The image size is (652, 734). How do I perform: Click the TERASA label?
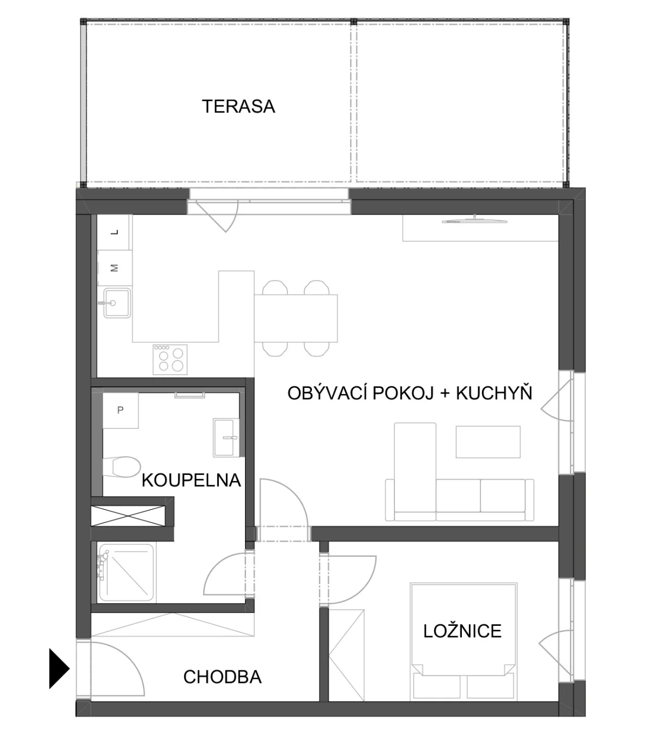pos(238,106)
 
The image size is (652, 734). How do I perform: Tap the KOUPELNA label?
pos(191,480)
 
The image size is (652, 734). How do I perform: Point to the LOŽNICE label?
pos(462,631)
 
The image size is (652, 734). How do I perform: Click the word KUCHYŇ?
pos(494,393)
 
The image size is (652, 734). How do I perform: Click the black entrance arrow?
pos(59,668)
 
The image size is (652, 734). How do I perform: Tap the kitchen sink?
pos(117,303)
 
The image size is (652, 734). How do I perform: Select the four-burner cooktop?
pos(170,359)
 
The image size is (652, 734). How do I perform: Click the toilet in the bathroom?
pos(121,467)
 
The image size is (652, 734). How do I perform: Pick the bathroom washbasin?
pos(226,437)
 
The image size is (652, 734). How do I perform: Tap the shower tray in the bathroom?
pos(126,573)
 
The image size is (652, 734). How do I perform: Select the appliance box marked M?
pos(115,268)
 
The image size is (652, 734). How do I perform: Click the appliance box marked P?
pos(120,410)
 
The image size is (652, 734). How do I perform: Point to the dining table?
pos(296,318)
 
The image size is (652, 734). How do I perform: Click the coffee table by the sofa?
pos(488,442)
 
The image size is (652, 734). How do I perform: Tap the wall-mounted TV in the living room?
pos(474,220)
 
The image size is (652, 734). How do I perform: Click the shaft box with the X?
pos(128,516)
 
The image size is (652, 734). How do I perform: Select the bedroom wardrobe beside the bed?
pos(346,655)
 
